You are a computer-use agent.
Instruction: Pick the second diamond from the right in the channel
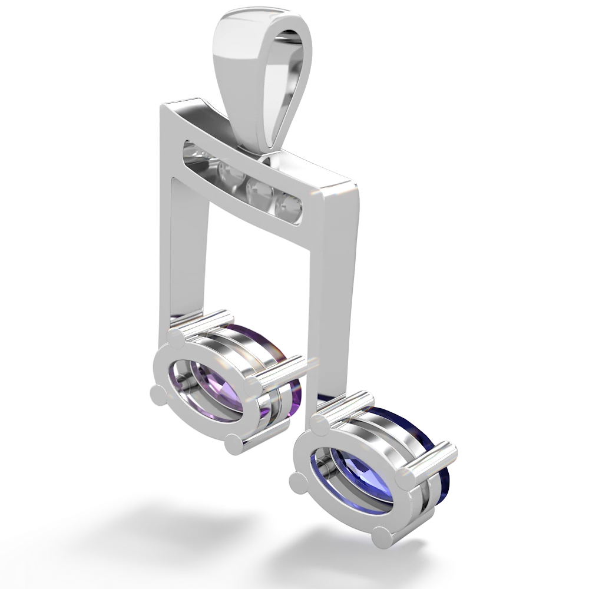(x=257, y=190)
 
